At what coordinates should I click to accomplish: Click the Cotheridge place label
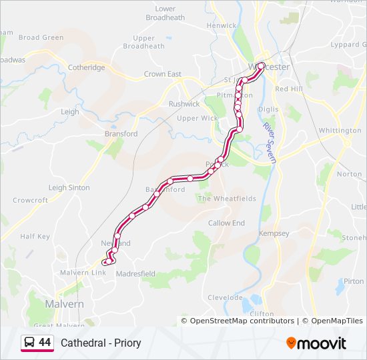tap(87, 67)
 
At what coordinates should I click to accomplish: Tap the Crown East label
tap(163, 74)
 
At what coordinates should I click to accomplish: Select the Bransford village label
tap(121, 133)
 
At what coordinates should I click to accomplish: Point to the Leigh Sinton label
tap(69, 187)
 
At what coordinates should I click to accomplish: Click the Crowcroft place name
tap(30, 200)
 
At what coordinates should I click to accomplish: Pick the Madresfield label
tap(135, 273)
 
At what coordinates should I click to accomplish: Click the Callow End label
tap(226, 223)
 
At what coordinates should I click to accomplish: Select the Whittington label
tap(340, 130)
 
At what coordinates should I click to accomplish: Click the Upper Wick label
tap(197, 118)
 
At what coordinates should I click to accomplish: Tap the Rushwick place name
tap(184, 104)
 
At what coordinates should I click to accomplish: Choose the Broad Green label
tap(41, 38)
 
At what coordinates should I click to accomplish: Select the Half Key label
tap(35, 236)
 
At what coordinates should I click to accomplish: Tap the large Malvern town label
tap(64, 303)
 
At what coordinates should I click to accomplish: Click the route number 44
tap(45, 343)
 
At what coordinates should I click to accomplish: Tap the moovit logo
tap(316, 343)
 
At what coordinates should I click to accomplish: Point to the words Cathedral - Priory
tap(101, 343)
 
